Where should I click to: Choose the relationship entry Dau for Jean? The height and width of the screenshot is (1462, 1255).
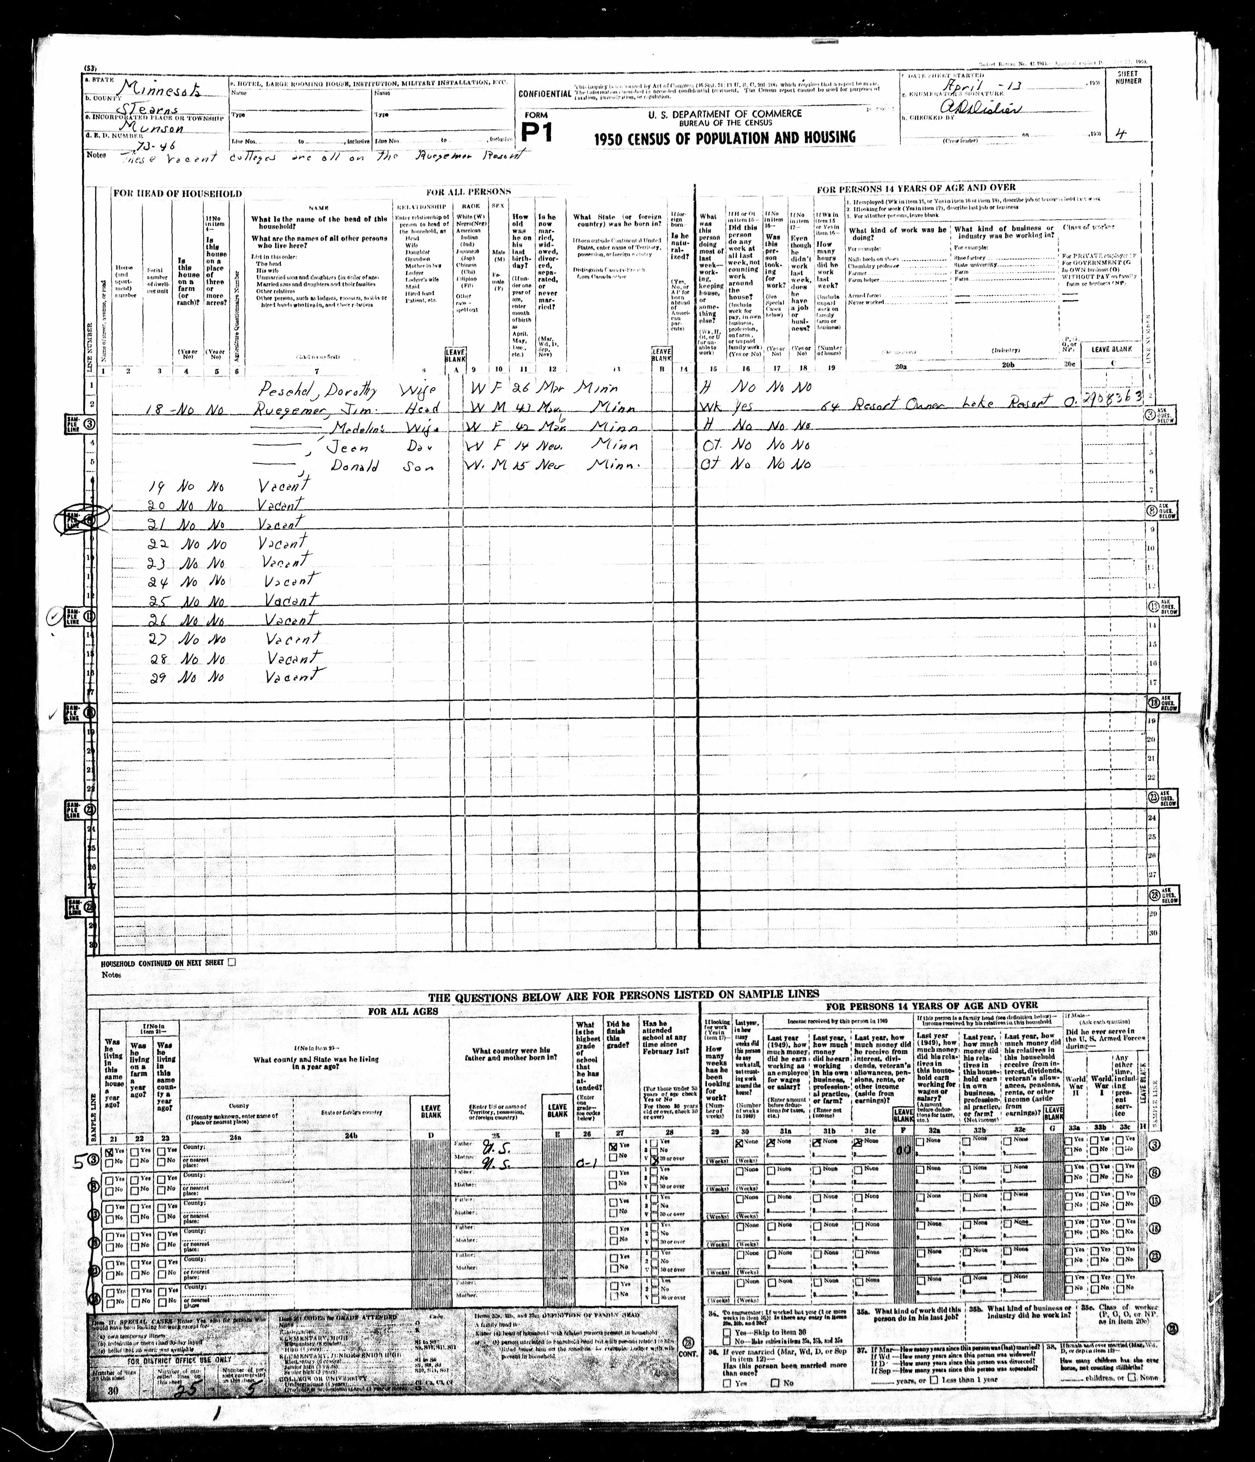point(418,447)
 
